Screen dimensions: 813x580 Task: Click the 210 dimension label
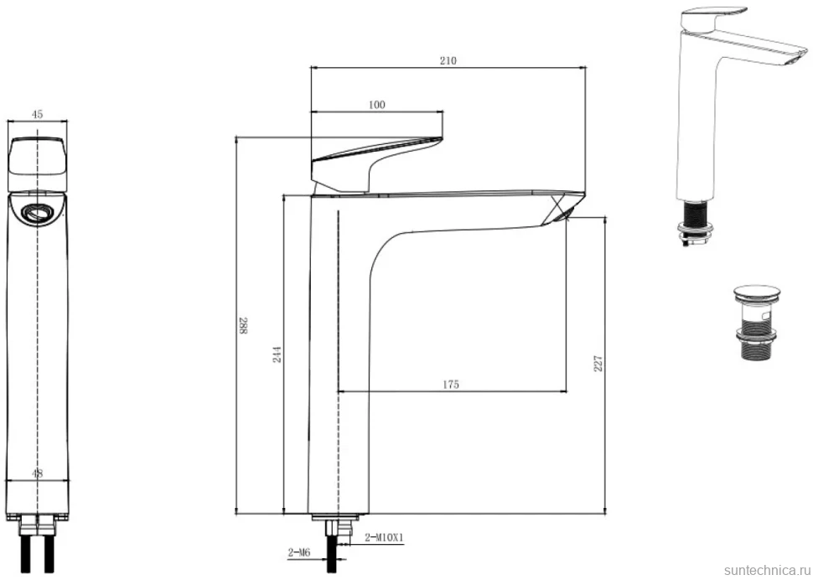tap(448, 60)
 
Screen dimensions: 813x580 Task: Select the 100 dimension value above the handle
tap(377, 105)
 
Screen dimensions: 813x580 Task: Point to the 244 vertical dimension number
tap(277, 354)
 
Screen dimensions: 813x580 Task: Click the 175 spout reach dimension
tap(451, 384)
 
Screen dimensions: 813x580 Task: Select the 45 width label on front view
tap(38, 115)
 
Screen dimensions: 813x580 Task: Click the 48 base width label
tap(38, 474)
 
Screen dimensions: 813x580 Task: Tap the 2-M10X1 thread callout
tap(384, 537)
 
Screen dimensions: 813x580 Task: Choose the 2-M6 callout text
tap(299, 553)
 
